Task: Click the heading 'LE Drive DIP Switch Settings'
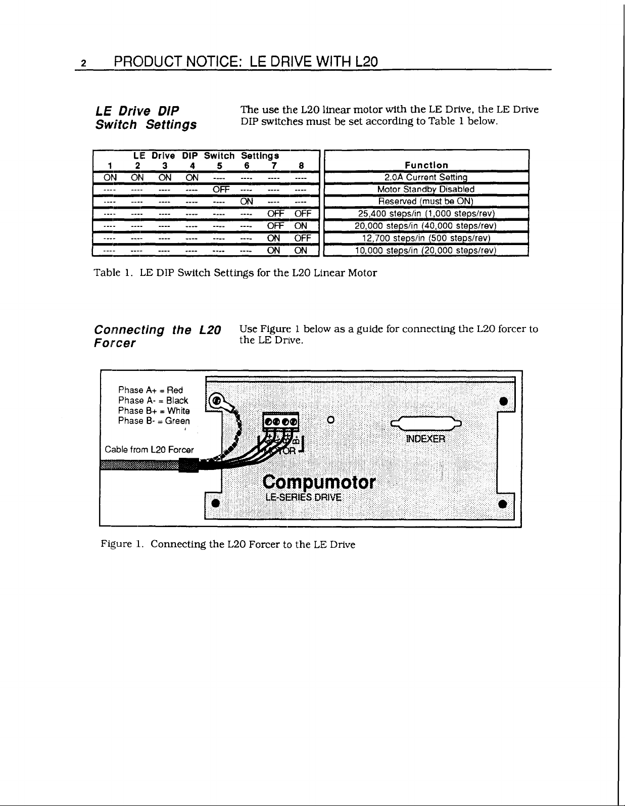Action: pyautogui.click(x=146, y=118)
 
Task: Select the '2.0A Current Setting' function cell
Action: pyautogui.click(x=426, y=177)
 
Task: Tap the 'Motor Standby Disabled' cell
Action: pyautogui.click(x=426, y=189)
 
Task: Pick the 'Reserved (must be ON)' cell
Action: pyautogui.click(x=426, y=201)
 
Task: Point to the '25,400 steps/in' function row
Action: pyautogui.click(x=426, y=214)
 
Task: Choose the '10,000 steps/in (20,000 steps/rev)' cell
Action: pyautogui.click(x=426, y=251)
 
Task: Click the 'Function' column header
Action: pyautogui.click(x=426, y=165)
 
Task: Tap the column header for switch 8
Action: pyautogui.click(x=301, y=165)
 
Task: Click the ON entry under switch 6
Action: pyautogui.click(x=247, y=201)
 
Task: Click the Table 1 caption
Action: pyautogui.click(x=235, y=273)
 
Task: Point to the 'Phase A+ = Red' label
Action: pyautogui.click(x=150, y=390)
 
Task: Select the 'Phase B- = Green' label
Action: pyautogui.click(x=154, y=421)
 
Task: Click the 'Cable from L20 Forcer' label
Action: pyautogui.click(x=149, y=450)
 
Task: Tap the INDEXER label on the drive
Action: pyautogui.click(x=425, y=439)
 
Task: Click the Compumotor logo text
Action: pyautogui.click(x=319, y=482)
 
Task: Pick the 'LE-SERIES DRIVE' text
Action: pyautogui.click(x=303, y=497)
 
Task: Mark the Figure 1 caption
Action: pyautogui.click(x=228, y=544)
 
